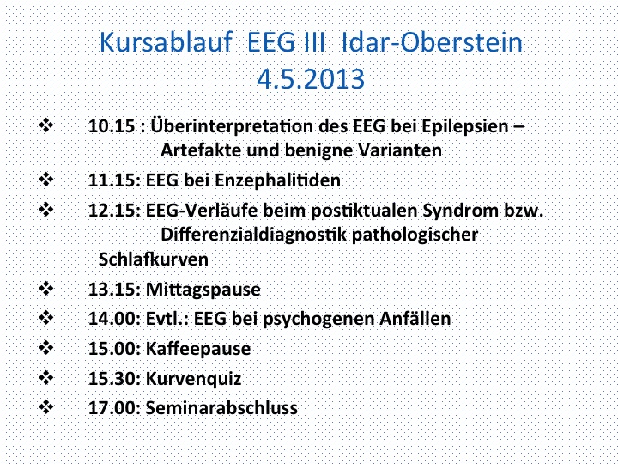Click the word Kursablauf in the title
[165, 42]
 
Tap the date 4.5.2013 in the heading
[311, 78]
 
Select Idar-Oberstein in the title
[432, 42]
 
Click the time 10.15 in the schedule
[112, 126]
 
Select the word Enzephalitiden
[277, 180]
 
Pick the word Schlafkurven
[154, 259]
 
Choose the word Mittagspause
[203, 290]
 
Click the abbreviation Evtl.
[167, 319]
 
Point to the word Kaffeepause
[198, 349]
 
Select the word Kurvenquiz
[193, 379]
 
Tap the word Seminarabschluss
[221, 408]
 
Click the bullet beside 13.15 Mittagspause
[46, 289]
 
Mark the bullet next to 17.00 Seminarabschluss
[46, 406]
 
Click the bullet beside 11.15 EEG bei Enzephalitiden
[46, 180]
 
